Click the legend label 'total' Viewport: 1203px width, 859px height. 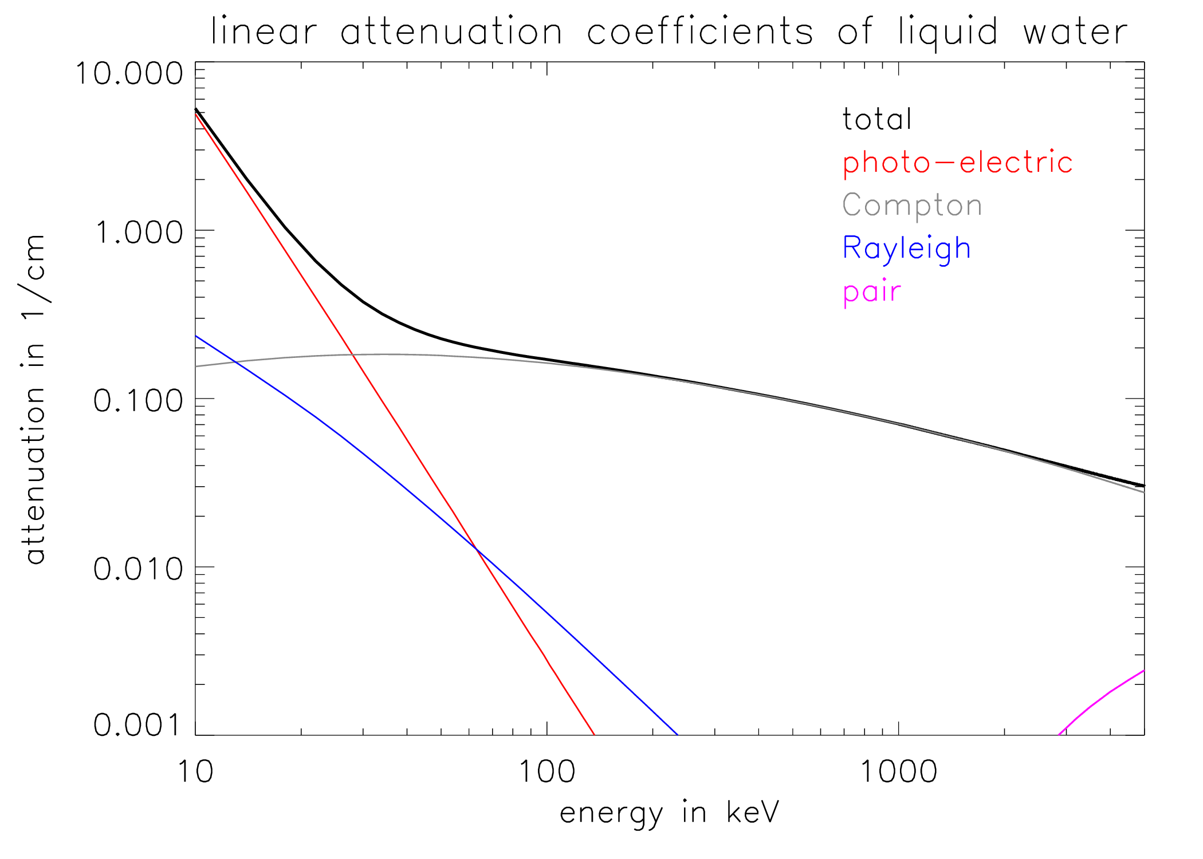click(x=876, y=120)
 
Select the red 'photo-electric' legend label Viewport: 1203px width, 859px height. click(x=957, y=163)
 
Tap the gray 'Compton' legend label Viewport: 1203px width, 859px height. click(x=912, y=205)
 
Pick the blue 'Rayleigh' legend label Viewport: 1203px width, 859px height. click(x=906, y=249)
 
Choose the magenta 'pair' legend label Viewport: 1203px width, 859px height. click(x=872, y=292)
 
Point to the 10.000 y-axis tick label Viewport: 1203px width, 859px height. click(x=129, y=74)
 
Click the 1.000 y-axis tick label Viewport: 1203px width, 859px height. click(x=139, y=233)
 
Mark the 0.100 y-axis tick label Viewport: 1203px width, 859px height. click(x=139, y=400)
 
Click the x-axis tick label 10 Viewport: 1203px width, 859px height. click(x=195, y=771)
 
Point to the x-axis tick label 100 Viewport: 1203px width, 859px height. click(x=547, y=771)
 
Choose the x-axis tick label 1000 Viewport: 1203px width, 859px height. click(x=898, y=771)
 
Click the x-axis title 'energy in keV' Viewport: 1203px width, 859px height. click(x=669, y=813)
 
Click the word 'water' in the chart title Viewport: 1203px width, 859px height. click(x=1075, y=31)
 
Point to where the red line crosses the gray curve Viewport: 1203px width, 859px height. click(x=353, y=356)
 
